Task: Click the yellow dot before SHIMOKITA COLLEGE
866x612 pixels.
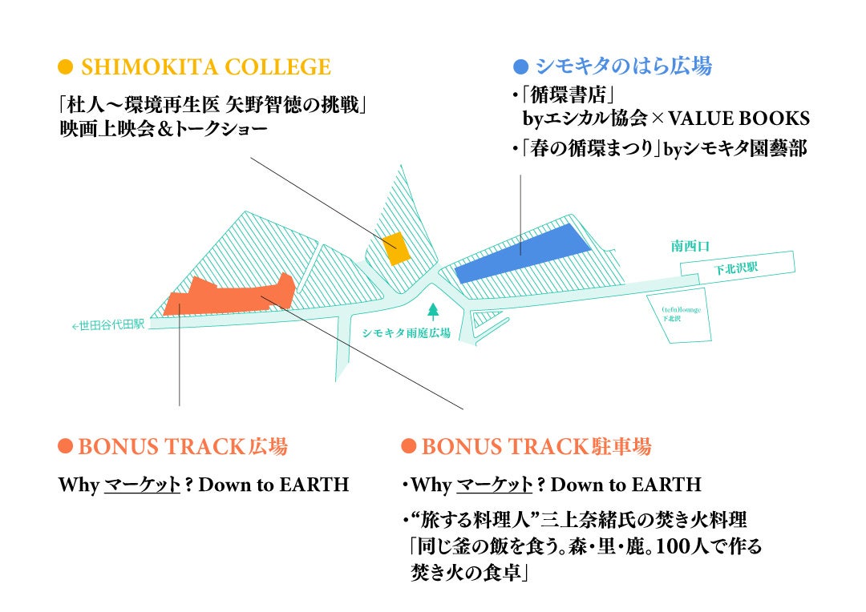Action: pos(67,66)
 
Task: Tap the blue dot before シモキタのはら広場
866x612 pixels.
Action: pos(521,66)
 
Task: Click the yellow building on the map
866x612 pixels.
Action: pos(396,248)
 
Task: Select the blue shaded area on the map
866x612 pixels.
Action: pos(523,252)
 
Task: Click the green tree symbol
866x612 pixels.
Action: pos(434,309)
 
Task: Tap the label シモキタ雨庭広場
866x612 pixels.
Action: pos(407,333)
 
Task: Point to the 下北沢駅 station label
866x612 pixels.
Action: pos(736,268)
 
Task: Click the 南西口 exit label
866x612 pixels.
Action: pos(690,246)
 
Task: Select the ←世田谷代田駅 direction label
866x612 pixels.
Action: pos(108,324)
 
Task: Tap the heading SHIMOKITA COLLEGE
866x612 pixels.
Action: pos(205,66)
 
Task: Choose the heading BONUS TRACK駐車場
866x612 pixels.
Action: pos(536,446)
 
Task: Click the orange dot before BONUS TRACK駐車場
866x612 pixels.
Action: pos(408,446)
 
